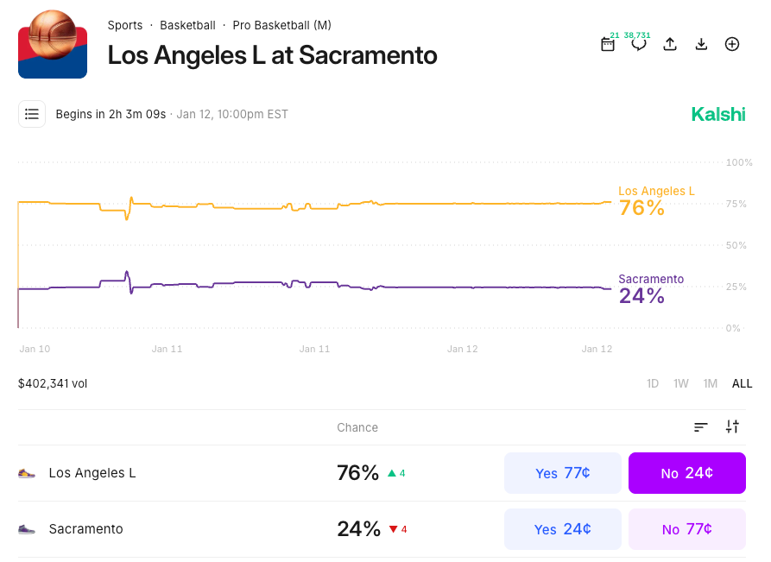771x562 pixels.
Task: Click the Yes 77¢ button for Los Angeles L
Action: pyautogui.click(x=562, y=473)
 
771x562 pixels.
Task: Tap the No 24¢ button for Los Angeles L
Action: pyautogui.click(x=686, y=473)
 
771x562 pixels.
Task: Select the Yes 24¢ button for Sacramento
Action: pyautogui.click(x=562, y=529)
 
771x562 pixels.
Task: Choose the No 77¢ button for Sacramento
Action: pyautogui.click(x=686, y=529)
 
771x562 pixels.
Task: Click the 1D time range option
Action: pyautogui.click(x=653, y=383)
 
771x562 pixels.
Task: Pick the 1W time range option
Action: pyautogui.click(x=681, y=383)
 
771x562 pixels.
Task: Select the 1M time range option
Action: pyautogui.click(x=710, y=383)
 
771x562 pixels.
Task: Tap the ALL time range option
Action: pyautogui.click(x=742, y=383)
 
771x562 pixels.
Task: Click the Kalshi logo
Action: pyautogui.click(x=717, y=114)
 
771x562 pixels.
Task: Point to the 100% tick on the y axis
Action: pyautogui.click(x=740, y=162)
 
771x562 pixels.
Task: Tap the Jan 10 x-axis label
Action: pyautogui.click(x=35, y=349)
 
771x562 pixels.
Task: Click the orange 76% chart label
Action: pyautogui.click(x=641, y=208)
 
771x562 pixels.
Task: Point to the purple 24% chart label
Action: pyautogui.click(x=641, y=296)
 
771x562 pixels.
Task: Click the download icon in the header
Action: pyautogui.click(x=701, y=44)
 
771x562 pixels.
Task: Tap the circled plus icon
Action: pyautogui.click(x=732, y=44)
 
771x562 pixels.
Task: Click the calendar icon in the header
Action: pyautogui.click(x=608, y=44)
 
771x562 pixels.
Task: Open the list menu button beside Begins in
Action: pyautogui.click(x=32, y=114)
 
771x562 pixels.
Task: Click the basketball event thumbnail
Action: pyautogui.click(x=53, y=44)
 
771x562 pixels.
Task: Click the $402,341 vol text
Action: pyautogui.click(x=53, y=383)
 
